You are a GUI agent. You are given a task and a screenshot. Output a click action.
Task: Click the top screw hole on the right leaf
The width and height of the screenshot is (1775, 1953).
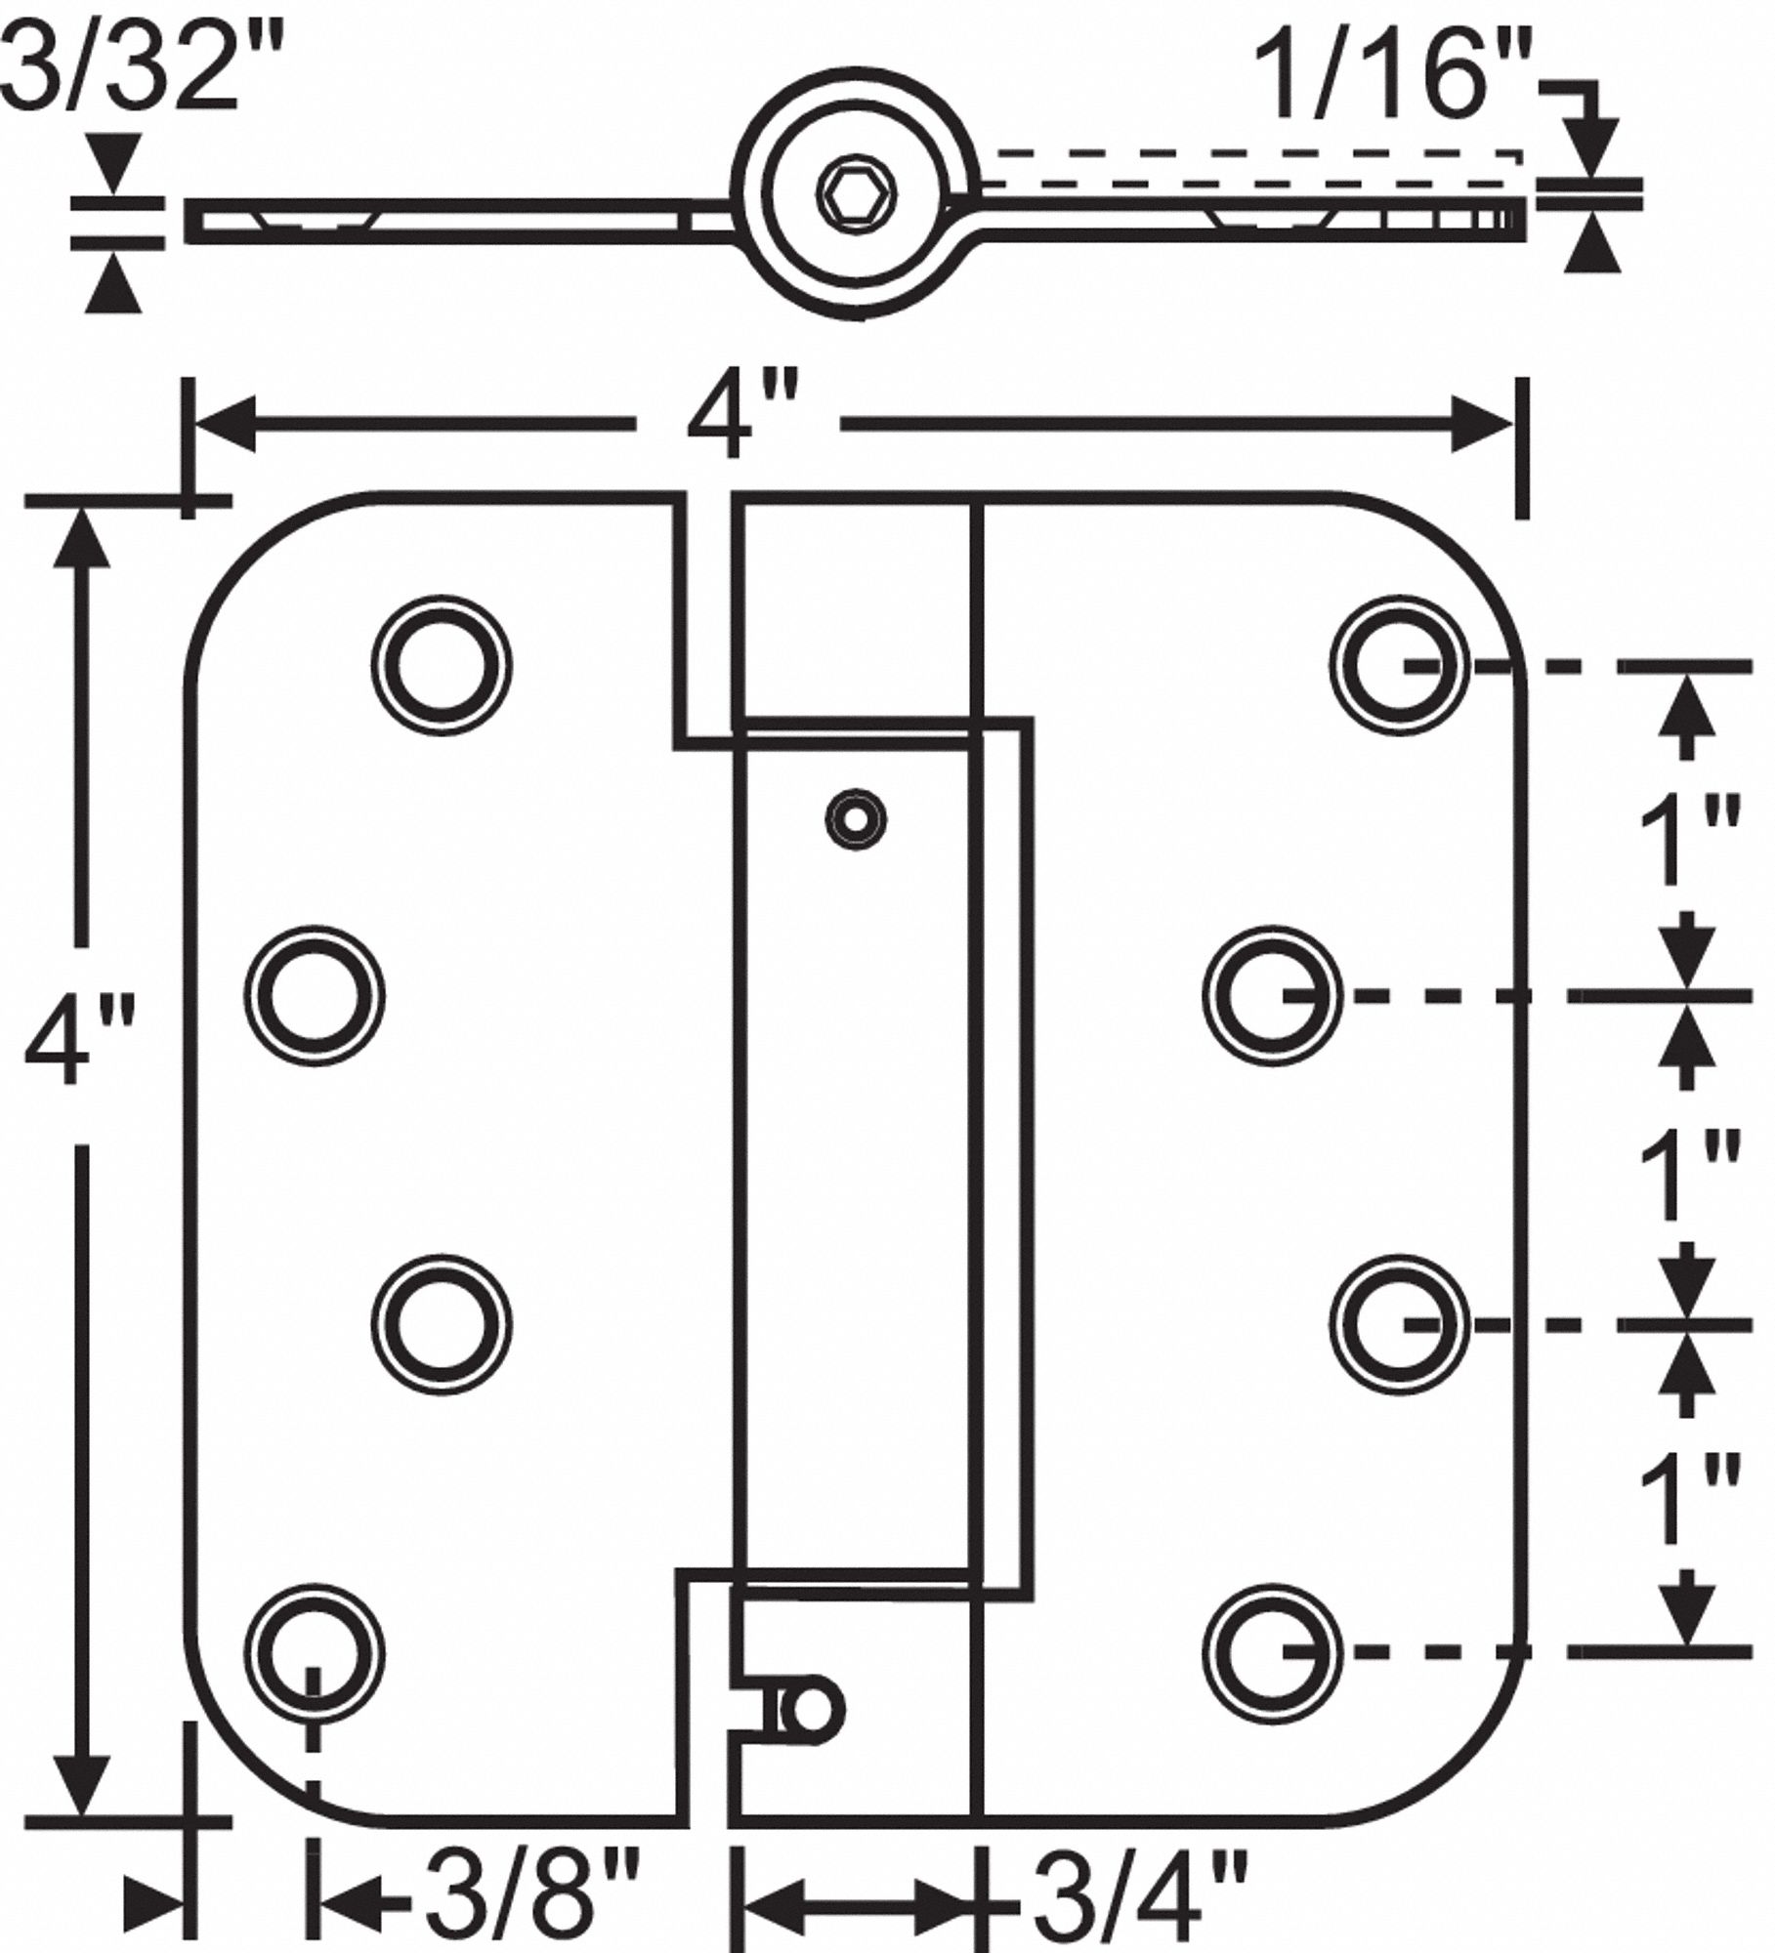(1399, 664)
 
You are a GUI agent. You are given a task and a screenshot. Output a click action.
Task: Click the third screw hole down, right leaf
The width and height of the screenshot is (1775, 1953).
(1399, 1324)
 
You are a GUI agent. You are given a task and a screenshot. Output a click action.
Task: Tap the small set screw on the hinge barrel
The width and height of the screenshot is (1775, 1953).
(856, 819)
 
